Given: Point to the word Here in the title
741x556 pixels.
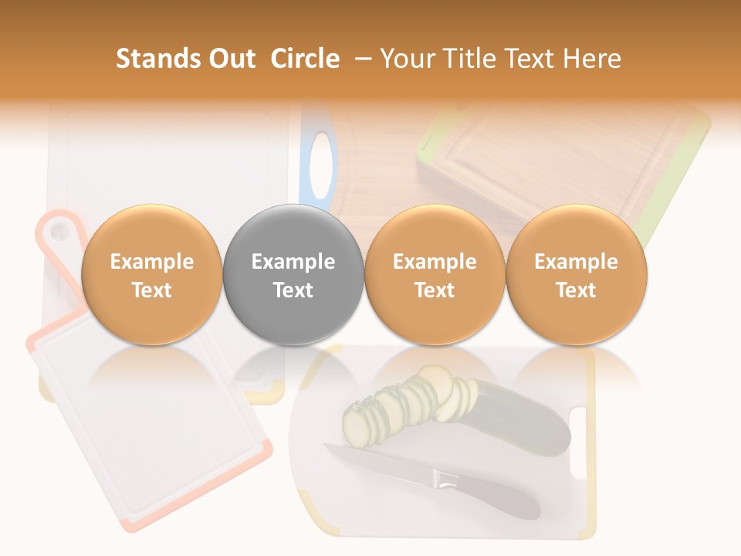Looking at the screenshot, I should (x=590, y=59).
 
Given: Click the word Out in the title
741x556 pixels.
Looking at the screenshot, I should (x=230, y=59).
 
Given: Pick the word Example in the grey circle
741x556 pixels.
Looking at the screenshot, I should (x=293, y=262).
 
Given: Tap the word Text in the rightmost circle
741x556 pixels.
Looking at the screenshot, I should (x=577, y=290).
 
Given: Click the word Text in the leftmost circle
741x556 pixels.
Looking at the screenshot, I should (x=151, y=290).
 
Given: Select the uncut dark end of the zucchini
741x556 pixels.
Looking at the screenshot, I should (x=525, y=421).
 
